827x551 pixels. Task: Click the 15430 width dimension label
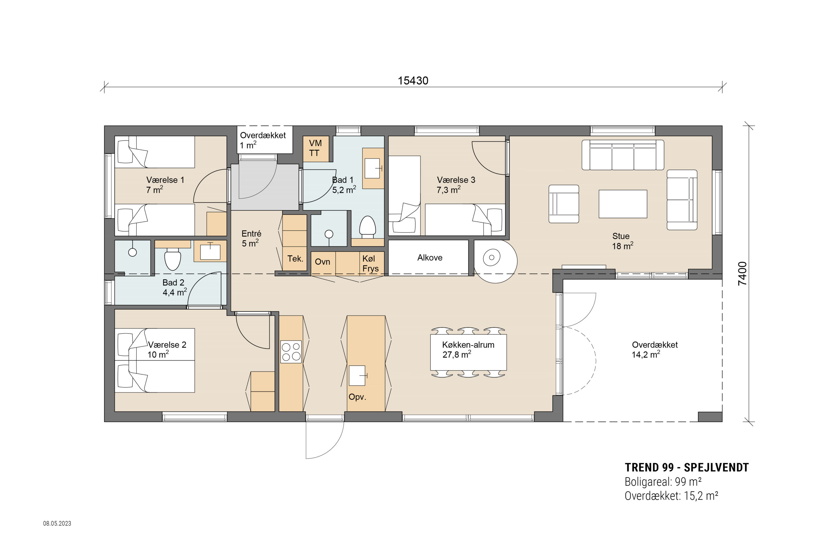(413, 81)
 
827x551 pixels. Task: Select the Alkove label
(430, 258)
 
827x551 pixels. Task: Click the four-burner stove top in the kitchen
(291, 352)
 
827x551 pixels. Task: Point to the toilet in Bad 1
(368, 226)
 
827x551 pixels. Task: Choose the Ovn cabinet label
(322, 262)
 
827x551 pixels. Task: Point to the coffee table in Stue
(623, 204)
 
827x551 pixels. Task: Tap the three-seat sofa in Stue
(623, 155)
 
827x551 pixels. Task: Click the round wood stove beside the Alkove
(492, 258)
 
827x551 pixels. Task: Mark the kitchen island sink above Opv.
(357, 376)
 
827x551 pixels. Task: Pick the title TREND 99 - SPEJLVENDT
(687, 467)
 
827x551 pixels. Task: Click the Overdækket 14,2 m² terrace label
(655, 350)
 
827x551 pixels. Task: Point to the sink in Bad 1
(373, 168)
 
